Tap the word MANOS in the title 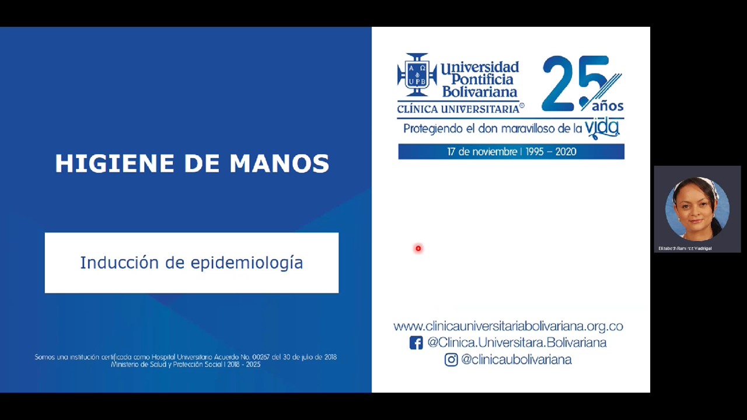(280, 164)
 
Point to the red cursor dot (418, 249)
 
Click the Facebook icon (416, 343)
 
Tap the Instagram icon (451, 360)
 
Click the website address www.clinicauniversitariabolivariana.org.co (508, 326)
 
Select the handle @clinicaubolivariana (516, 360)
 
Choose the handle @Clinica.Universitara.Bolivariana (516, 343)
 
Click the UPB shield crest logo (417, 75)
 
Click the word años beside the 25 (608, 106)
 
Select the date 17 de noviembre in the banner (483, 152)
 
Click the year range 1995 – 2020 (551, 152)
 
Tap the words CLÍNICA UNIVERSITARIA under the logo (458, 108)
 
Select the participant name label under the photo (685, 249)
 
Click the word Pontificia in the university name (477, 79)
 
